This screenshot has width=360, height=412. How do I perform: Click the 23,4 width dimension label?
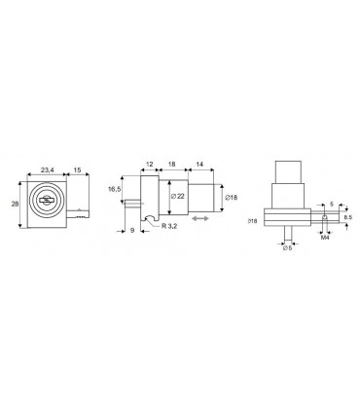point(47,169)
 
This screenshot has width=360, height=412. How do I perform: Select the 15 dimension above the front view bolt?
point(78,169)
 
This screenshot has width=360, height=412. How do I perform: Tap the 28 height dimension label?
point(15,205)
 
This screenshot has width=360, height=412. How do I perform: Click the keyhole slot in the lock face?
point(47,201)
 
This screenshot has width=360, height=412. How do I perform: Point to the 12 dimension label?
point(149,164)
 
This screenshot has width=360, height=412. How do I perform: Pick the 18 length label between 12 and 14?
point(172,164)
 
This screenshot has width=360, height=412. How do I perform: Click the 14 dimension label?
point(199,164)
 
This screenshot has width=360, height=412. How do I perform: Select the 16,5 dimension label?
point(114,189)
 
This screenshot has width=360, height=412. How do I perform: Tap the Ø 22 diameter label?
point(177,196)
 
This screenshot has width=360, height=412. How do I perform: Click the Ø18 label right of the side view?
point(231,197)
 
